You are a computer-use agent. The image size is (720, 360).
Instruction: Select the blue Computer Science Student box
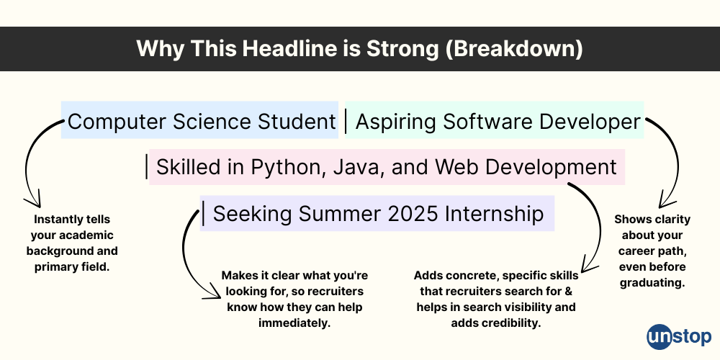tap(200, 122)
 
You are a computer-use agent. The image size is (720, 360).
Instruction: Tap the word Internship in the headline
tap(494, 214)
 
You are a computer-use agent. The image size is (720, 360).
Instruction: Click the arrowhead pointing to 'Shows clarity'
tap(664, 204)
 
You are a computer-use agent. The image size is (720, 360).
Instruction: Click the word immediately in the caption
tap(294, 323)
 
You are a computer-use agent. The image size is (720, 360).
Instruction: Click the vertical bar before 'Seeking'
tap(204, 214)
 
